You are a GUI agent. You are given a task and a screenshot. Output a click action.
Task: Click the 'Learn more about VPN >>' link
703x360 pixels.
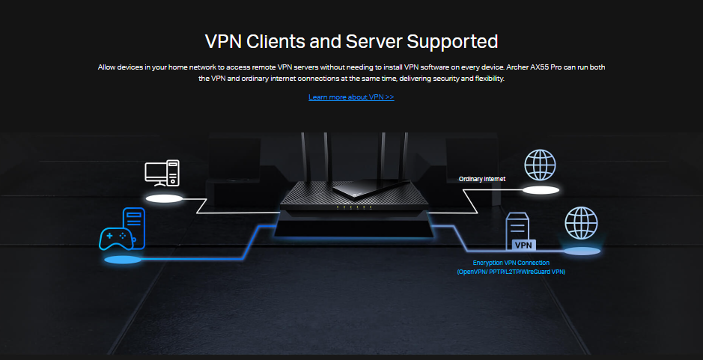tap(351, 97)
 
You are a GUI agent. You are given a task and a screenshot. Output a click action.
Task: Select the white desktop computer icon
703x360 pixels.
tap(162, 173)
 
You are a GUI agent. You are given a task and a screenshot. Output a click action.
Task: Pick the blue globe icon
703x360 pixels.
tap(580, 223)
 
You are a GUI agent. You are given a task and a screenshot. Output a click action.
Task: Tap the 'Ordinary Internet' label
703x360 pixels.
tap(482, 180)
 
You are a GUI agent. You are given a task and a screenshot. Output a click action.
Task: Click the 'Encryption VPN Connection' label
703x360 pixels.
tap(511, 263)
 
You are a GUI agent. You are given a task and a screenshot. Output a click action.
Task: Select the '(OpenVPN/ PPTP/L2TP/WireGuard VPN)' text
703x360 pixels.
tap(511, 272)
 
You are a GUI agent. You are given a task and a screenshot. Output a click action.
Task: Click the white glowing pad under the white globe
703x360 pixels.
tap(541, 191)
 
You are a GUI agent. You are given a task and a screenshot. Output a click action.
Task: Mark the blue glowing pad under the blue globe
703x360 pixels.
tap(581, 251)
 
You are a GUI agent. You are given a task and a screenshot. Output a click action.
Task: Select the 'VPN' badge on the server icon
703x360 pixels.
tap(523, 245)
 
